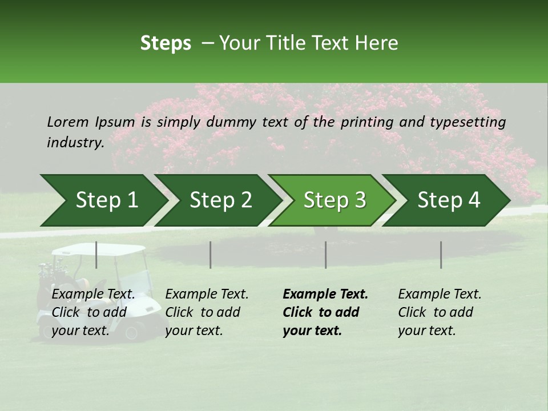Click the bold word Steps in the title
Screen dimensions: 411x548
tap(166, 43)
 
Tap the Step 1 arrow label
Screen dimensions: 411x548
tap(107, 200)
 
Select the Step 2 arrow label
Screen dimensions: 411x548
tap(221, 200)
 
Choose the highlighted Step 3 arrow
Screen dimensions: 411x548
tap(335, 200)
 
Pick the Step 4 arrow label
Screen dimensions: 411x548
tap(449, 200)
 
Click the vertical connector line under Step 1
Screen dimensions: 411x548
tap(96, 255)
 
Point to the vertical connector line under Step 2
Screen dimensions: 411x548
tap(211, 255)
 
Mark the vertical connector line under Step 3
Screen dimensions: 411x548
tap(326, 255)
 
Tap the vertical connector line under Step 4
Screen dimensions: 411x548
tap(441, 255)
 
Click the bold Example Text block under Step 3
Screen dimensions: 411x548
tap(325, 312)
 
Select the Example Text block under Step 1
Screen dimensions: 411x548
tap(93, 312)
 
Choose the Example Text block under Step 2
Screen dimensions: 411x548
tap(207, 312)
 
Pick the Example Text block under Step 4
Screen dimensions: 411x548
tap(440, 312)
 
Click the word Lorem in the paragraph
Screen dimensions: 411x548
tap(67, 122)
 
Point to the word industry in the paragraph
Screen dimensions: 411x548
tap(75, 143)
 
